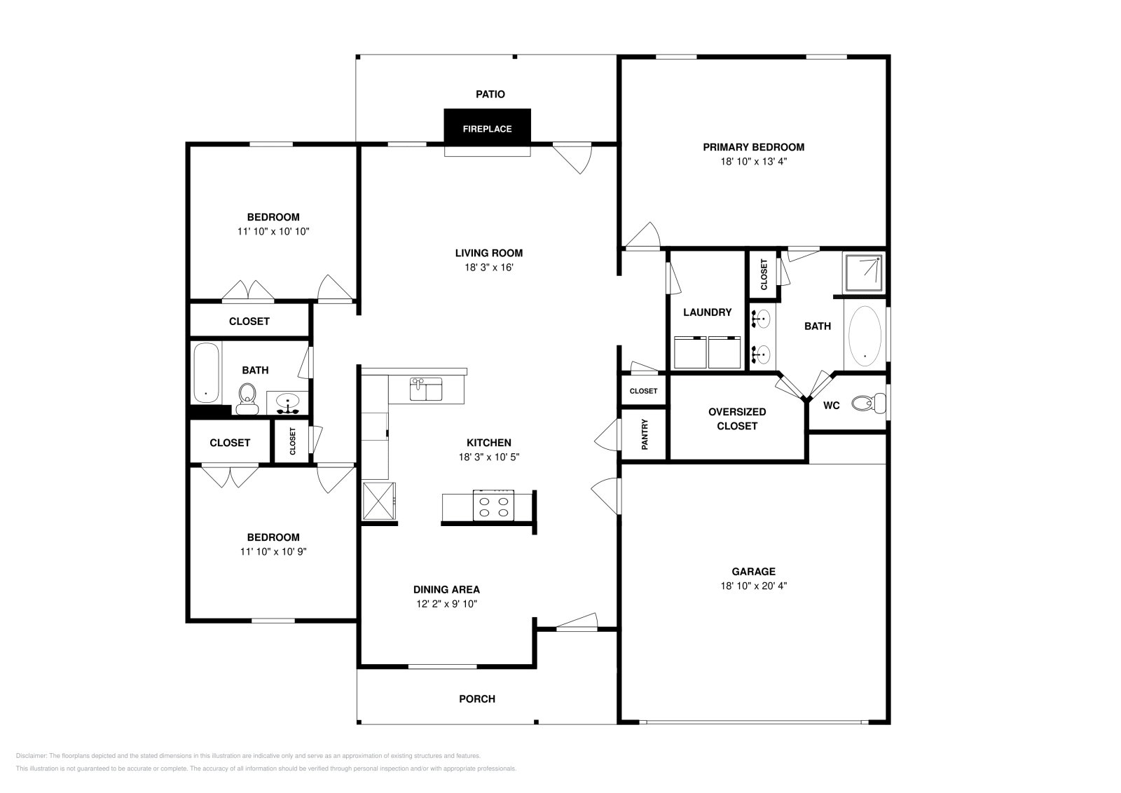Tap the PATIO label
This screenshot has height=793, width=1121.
coord(490,94)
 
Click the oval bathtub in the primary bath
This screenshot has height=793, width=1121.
coord(865,336)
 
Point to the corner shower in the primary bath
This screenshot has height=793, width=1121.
coord(863,273)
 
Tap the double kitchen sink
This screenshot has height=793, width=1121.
coord(425,389)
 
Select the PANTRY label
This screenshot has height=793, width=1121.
coord(645,434)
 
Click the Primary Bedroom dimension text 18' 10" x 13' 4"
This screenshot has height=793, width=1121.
coord(753,161)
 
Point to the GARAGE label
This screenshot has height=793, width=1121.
coord(753,572)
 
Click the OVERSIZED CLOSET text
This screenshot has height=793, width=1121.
coord(736,419)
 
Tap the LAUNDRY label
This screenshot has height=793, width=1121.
coord(707,312)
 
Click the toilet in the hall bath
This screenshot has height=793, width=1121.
coord(247,399)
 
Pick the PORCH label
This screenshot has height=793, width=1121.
coord(476,698)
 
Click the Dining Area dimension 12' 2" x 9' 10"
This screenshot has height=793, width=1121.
coord(446,604)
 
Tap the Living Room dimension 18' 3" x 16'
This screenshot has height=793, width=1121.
coord(488,267)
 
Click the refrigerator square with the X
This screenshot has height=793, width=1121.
coord(379,501)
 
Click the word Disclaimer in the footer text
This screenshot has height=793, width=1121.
coord(30,756)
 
